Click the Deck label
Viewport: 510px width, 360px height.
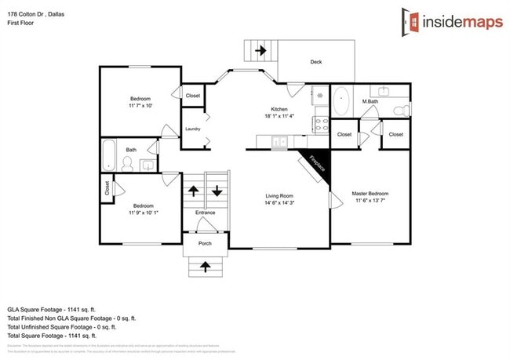(x=315, y=62)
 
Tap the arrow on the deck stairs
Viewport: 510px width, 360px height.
(x=260, y=51)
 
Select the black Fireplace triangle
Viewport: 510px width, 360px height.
(x=316, y=161)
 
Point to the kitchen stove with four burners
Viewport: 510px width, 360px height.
(x=320, y=122)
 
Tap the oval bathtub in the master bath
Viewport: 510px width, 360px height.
(x=341, y=101)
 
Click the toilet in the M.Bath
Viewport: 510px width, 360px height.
(x=400, y=109)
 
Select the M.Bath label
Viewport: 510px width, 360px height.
(x=370, y=102)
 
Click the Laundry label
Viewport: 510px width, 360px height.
(x=193, y=129)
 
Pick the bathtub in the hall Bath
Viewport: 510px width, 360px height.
(x=110, y=155)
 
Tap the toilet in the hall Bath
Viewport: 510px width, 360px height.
(x=128, y=164)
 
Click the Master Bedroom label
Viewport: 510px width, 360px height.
(x=370, y=194)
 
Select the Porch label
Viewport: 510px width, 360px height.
(x=205, y=242)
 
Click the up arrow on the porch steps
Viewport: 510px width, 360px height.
(x=206, y=267)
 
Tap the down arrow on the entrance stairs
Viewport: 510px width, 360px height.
(x=217, y=191)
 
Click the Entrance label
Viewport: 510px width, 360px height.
(x=205, y=213)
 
